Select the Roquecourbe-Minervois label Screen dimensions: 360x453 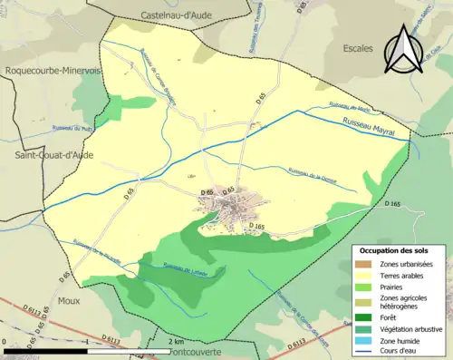50,71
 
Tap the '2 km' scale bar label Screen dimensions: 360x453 177,341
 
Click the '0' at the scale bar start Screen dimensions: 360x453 7,341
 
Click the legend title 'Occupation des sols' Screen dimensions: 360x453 395,250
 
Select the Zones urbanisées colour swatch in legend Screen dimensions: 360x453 365,264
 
